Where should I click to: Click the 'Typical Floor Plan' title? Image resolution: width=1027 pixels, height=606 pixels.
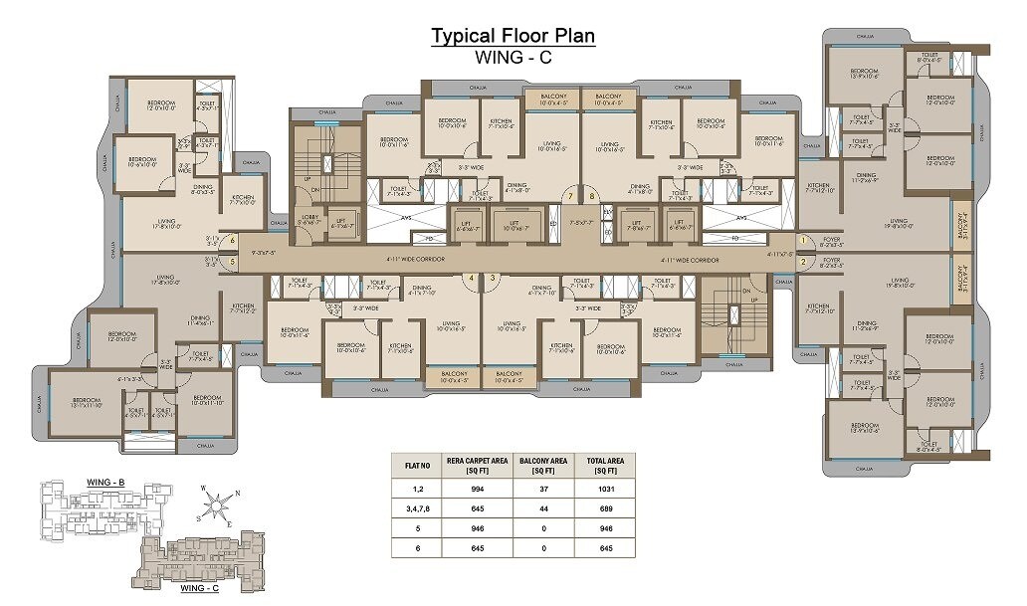coord(513,37)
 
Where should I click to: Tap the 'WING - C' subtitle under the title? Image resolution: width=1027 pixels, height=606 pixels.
coord(513,58)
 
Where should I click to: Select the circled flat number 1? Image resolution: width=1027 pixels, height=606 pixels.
coord(802,241)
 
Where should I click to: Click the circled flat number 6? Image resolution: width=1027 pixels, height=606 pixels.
coord(232,240)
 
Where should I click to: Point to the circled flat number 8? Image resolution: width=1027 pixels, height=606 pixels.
coord(593,197)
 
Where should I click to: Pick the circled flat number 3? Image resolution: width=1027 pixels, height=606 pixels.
coord(492,278)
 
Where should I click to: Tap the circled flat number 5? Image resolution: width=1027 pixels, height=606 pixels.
coord(232,263)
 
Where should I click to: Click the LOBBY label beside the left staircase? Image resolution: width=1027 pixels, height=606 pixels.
coord(308,218)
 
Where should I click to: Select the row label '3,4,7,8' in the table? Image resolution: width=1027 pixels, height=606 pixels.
coord(416,508)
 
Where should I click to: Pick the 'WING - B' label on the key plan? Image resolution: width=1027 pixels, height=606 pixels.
coord(105,483)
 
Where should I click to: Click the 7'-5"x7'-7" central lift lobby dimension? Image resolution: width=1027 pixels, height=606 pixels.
coord(580,223)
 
